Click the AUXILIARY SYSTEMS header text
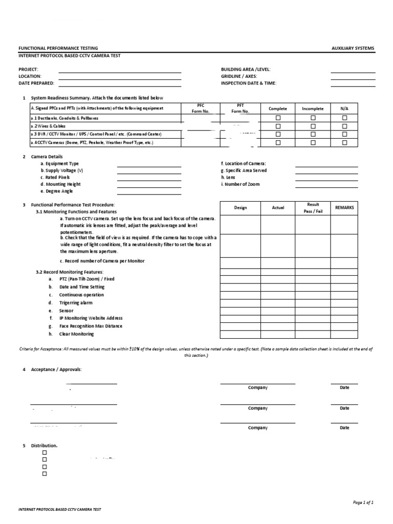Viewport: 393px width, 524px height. click(x=353, y=48)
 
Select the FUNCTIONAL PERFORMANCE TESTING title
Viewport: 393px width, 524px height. click(x=58, y=48)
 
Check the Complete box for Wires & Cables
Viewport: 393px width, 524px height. click(x=278, y=126)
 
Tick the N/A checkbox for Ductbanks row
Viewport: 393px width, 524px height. click(x=344, y=118)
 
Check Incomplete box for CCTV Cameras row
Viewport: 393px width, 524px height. click(x=313, y=143)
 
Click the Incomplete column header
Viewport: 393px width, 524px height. click(x=313, y=108)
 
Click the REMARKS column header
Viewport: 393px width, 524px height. click(x=344, y=208)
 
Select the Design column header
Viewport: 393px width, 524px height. click(x=241, y=208)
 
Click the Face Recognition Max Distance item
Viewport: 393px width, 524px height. click(x=91, y=326)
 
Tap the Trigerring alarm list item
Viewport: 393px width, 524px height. click(x=76, y=303)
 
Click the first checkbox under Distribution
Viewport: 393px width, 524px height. click(x=45, y=453)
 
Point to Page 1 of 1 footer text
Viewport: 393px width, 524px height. click(x=363, y=503)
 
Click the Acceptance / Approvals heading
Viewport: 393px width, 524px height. click(x=56, y=369)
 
